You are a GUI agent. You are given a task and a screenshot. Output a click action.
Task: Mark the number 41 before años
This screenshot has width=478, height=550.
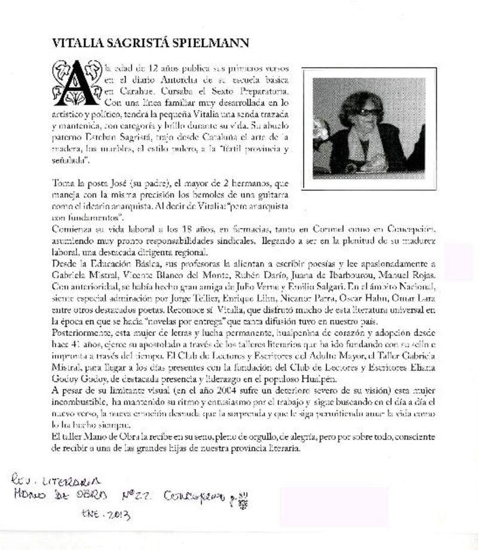[77, 341]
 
